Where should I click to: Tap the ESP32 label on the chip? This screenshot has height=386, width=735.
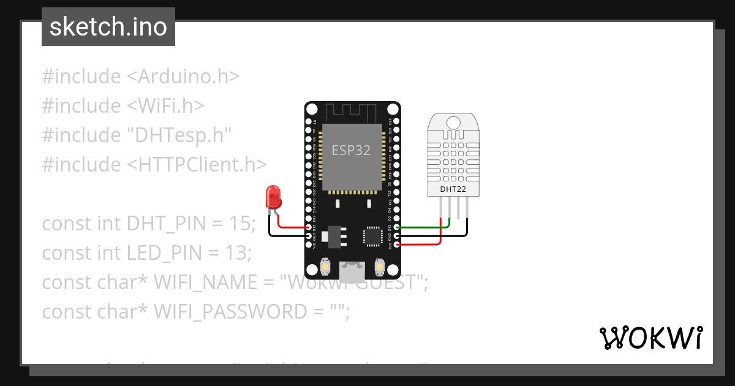[x=351, y=150]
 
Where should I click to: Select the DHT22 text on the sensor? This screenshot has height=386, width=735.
[x=453, y=189]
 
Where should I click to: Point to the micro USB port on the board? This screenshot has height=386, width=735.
[x=352, y=268]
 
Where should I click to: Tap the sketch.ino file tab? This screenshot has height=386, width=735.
[x=108, y=27]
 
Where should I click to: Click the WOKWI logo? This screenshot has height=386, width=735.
[x=650, y=338]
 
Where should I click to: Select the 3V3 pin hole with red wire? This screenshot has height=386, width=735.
[x=397, y=244]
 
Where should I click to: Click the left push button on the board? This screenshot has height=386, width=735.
[x=325, y=267]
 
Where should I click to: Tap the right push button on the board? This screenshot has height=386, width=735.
[x=380, y=267]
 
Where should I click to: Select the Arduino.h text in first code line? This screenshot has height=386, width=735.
[x=183, y=77]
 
